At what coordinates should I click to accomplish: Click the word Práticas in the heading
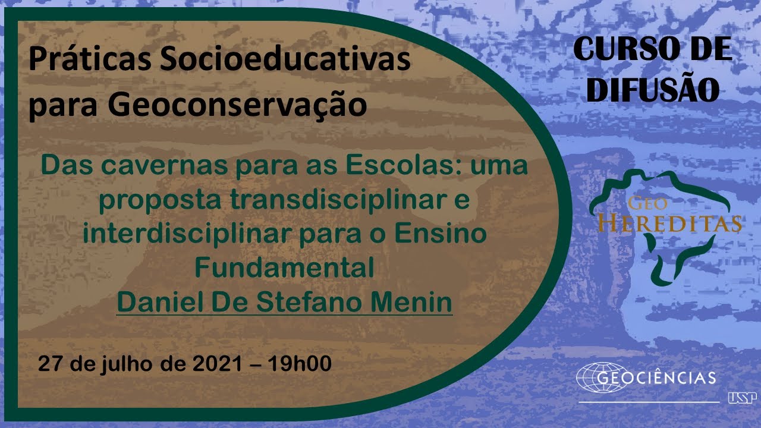90,59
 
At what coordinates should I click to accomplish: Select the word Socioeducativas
285,59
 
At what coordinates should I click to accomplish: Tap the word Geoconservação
237,106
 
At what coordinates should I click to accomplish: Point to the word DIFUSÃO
653,89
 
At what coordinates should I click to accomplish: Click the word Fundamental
284,267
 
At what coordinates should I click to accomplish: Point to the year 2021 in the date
218,363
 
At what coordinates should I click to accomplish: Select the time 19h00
300,363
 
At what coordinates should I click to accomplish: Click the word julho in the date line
125,364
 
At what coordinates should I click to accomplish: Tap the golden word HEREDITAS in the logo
669,224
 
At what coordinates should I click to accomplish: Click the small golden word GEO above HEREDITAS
647,203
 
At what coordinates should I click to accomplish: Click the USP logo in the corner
743,398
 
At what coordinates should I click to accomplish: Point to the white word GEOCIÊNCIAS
656,377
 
